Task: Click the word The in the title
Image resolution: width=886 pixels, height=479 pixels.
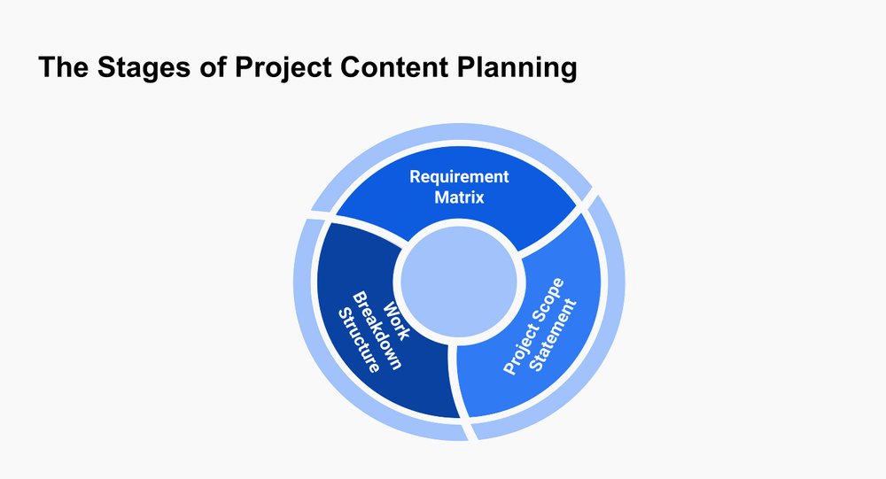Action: [63, 66]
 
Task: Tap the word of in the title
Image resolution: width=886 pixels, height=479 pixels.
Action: [213, 66]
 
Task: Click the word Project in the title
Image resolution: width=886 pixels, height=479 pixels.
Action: [284, 68]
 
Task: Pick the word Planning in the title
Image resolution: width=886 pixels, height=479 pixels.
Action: [517, 68]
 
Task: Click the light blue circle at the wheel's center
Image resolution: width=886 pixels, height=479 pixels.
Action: [459, 282]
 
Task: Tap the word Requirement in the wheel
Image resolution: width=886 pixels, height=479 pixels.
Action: [459, 177]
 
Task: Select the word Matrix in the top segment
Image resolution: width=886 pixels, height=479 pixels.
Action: [459, 197]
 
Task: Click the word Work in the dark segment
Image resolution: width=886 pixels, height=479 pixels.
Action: [396, 321]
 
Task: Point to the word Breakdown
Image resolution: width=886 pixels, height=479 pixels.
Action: [377, 330]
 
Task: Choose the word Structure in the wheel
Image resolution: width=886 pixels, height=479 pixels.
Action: [358, 340]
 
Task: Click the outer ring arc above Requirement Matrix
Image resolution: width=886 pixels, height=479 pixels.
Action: [452, 131]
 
